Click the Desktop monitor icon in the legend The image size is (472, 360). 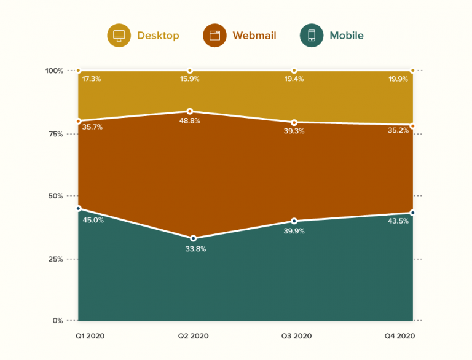(x=119, y=35)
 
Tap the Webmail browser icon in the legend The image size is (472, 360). (x=214, y=35)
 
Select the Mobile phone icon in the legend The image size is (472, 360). (x=312, y=35)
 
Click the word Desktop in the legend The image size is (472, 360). (x=158, y=36)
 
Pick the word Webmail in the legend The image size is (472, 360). (x=254, y=36)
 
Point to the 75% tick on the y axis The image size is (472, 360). (x=54, y=134)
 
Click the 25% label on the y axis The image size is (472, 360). (x=54, y=259)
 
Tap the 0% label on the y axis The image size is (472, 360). (x=56, y=321)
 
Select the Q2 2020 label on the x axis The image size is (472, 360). (x=192, y=336)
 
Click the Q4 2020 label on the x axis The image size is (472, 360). (x=400, y=336)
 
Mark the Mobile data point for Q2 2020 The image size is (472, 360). (x=194, y=238)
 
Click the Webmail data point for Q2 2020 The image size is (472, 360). (x=190, y=111)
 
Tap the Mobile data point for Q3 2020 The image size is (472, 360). (x=294, y=221)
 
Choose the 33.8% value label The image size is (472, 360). (x=195, y=249)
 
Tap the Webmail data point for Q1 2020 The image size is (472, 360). (x=79, y=121)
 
